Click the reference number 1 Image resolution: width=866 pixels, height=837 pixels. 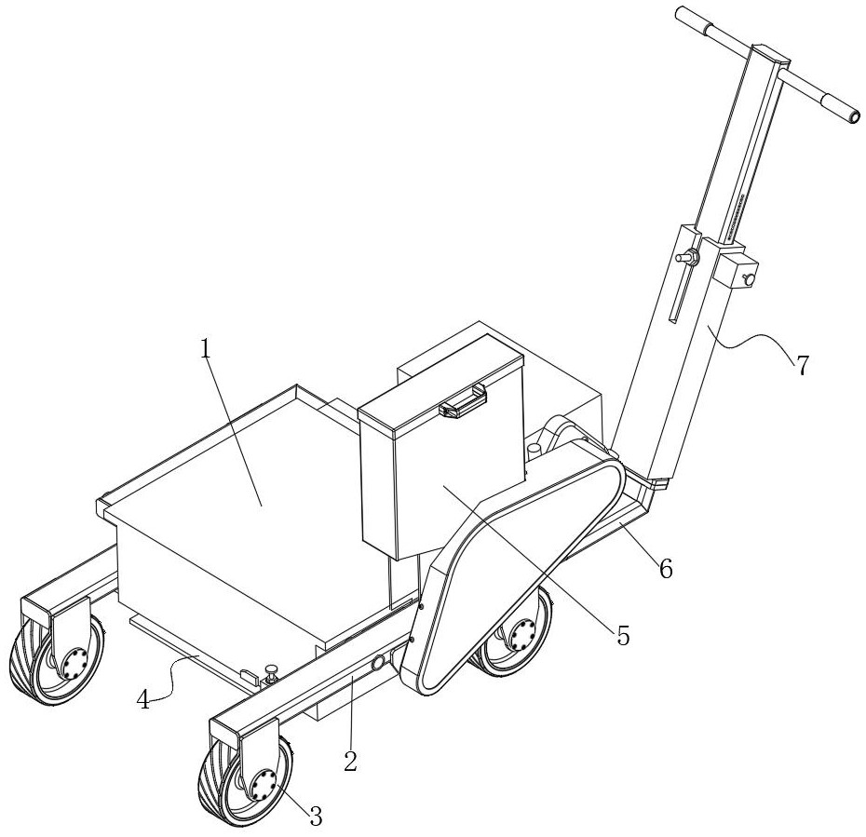(x=206, y=349)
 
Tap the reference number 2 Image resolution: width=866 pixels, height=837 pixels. (x=350, y=762)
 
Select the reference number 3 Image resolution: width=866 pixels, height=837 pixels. (x=316, y=816)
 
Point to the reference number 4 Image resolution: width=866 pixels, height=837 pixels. (x=143, y=701)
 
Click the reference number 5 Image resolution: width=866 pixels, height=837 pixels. (x=623, y=636)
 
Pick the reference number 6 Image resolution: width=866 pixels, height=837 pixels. (x=667, y=568)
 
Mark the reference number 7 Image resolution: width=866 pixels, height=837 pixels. (x=802, y=366)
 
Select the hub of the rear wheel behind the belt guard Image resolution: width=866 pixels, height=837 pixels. (x=521, y=635)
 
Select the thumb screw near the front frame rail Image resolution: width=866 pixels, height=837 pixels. (x=271, y=673)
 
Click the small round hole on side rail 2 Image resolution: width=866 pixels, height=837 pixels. (x=378, y=663)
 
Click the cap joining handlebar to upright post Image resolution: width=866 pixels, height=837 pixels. (x=768, y=56)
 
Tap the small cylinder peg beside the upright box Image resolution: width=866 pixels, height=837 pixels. (x=534, y=450)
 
